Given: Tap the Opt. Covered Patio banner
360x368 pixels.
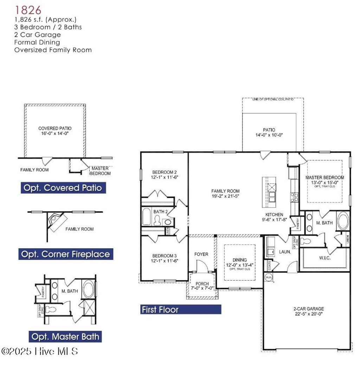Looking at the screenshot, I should pos(63,188).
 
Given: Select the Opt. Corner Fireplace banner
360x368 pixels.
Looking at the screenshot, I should pos(66,254).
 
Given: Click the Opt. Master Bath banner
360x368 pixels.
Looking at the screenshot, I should pos(66,337).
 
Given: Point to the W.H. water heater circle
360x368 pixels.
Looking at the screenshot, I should pos(269,277).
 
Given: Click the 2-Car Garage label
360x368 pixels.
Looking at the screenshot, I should pos(308,309).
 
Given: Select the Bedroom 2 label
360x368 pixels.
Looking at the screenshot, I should pos(165,172).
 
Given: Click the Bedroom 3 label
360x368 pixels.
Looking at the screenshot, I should pos(165,256).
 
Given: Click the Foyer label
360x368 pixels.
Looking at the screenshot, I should pos(201,254).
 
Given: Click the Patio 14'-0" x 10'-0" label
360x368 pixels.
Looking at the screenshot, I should pos(269,132).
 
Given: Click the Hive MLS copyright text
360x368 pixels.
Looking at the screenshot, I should pos(39,351).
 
